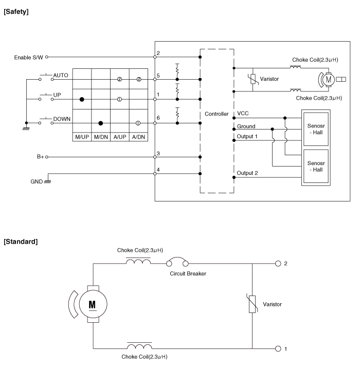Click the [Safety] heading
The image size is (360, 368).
coord(16,11)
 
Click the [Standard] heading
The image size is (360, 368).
coord(21,242)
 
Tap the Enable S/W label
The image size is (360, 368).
coord(28,58)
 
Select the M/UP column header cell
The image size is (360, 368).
coord(82,137)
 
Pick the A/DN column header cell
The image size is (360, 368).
coord(138,137)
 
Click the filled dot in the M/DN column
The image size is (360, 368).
coord(101,123)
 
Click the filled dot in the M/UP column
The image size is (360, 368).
coord(82,100)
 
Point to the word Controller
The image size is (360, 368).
coord(217,114)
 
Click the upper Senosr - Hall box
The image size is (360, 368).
coord(316,129)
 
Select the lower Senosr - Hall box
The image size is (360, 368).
coord(316,166)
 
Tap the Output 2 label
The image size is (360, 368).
coord(247,173)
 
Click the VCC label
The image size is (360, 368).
coord(243,114)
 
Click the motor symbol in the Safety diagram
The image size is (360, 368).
coord(329,80)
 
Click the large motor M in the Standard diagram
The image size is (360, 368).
coord(93,304)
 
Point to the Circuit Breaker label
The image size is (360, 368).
coord(188,273)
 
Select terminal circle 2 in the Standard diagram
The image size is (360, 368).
coord(278,264)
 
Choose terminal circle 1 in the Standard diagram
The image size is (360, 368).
coord(278,349)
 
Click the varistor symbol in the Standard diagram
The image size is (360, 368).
coord(252,304)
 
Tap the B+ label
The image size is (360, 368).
coord(41,157)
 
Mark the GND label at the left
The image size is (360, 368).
coord(37,181)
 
